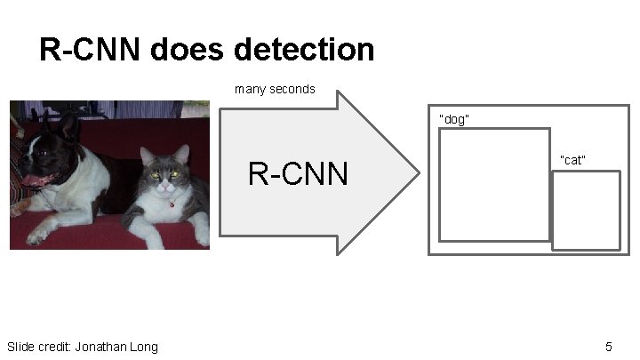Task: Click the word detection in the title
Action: click(x=308, y=50)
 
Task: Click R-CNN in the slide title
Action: click(x=89, y=50)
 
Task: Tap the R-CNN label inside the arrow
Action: click(x=298, y=174)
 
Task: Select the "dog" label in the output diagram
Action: click(x=454, y=119)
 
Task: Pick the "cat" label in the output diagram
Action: click(x=572, y=160)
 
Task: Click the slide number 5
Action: click(x=609, y=346)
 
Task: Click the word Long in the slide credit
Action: click(x=146, y=346)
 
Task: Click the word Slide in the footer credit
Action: click(x=21, y=346)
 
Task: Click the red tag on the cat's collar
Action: click(x=171, y=204)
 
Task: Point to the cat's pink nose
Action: click(x=166, y=184)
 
